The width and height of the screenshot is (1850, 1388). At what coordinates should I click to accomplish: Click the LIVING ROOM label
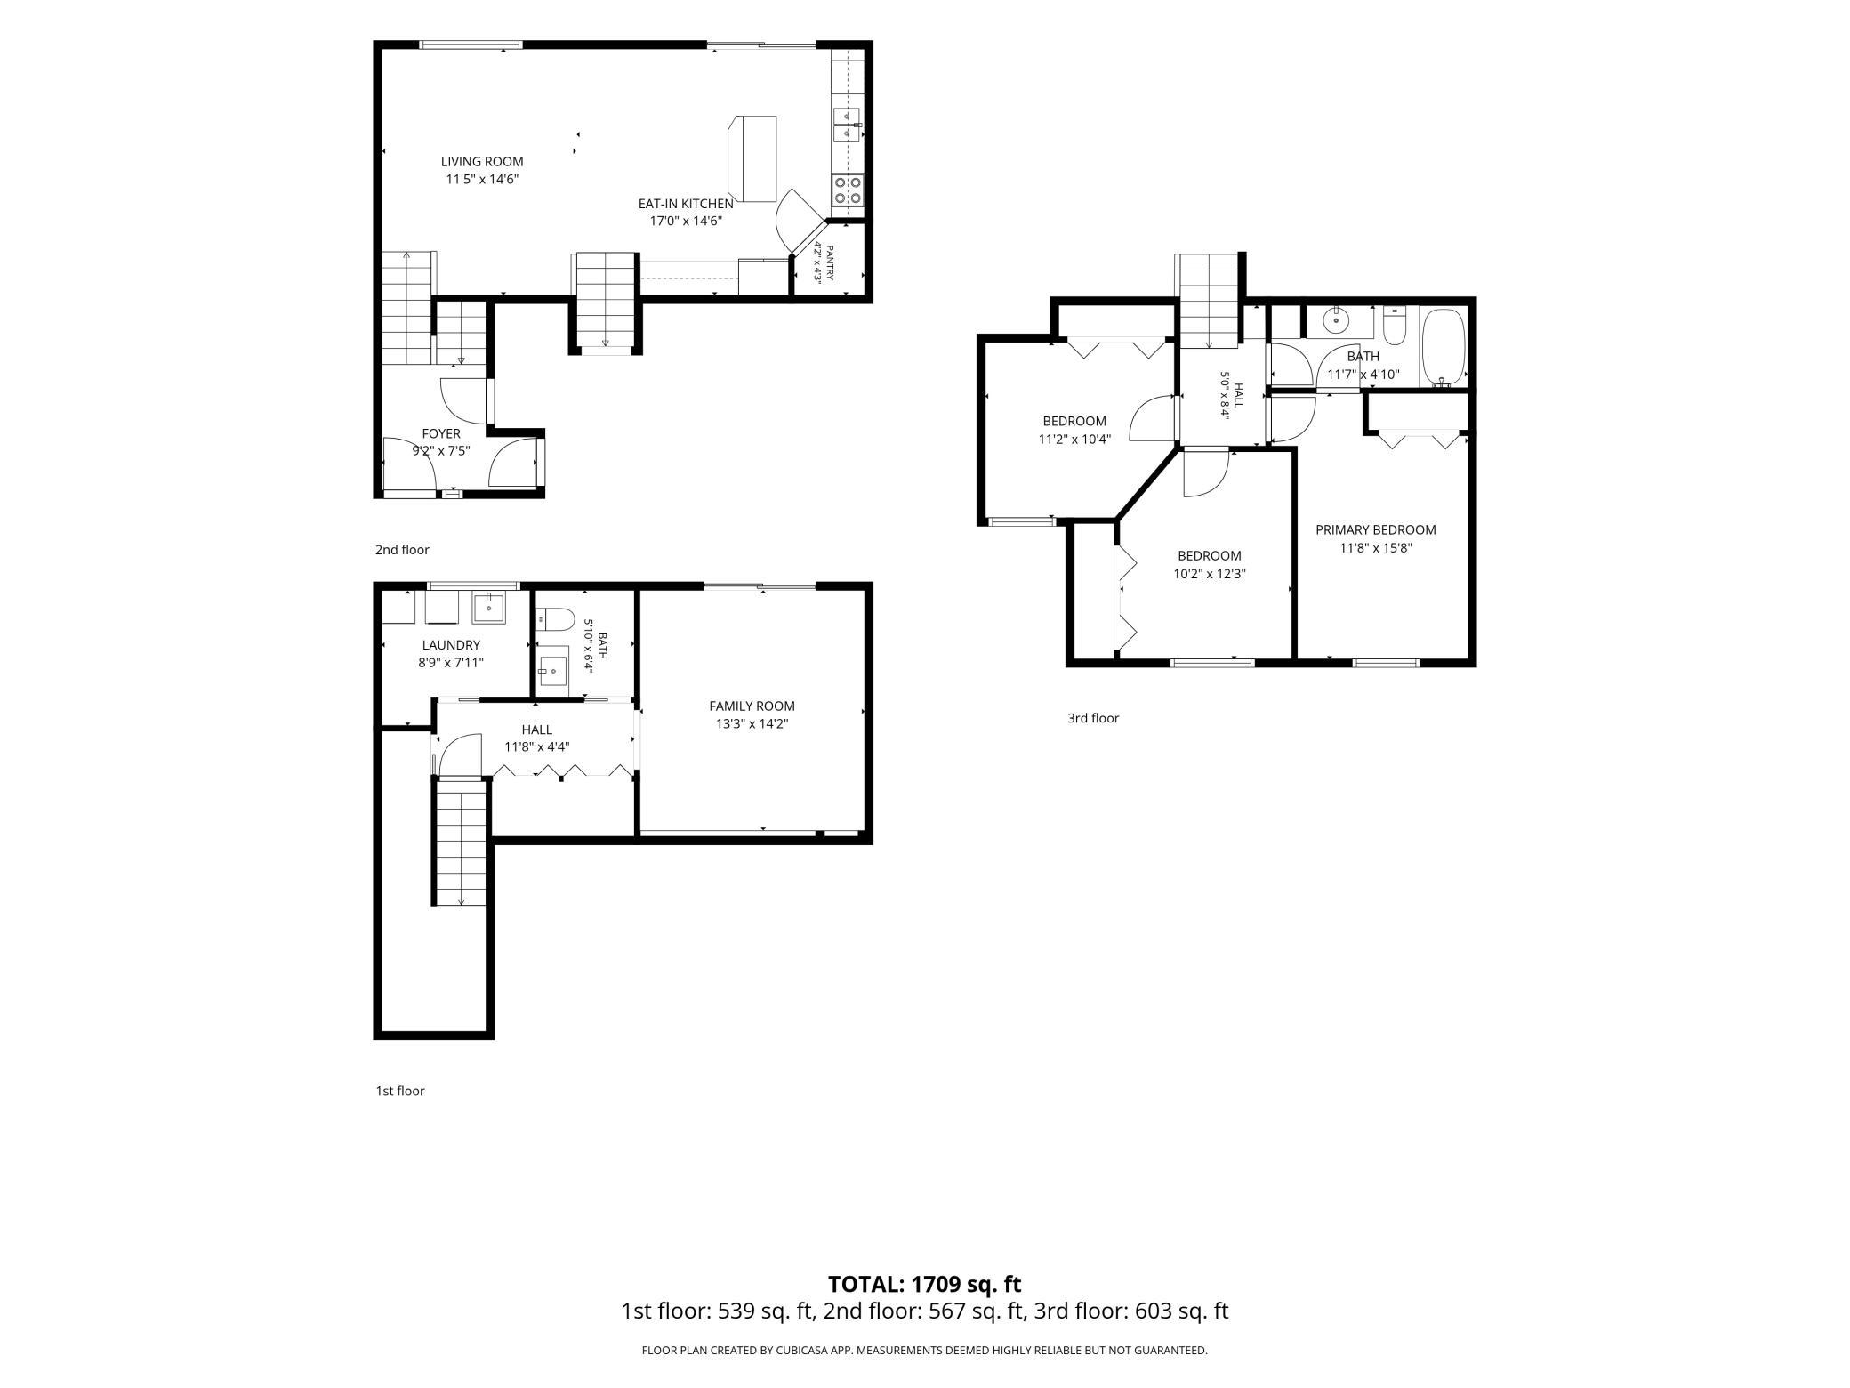click(482, 162)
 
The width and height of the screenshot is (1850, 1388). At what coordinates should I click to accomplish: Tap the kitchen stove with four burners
click(847, 190)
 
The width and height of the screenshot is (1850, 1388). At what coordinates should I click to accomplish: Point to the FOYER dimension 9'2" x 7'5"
click(441, 451)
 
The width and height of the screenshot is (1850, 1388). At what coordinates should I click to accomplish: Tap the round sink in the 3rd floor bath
click(1336, 320)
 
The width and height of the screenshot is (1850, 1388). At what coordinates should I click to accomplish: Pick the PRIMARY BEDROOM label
click(1376, 529)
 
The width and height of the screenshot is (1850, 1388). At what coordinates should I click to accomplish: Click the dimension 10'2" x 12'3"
click(1210, 574)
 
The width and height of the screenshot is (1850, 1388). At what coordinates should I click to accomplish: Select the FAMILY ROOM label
click(752, 706)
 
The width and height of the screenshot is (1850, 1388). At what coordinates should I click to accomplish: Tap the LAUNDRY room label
click(451, 645)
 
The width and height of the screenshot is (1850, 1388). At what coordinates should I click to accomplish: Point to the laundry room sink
click(488, 608)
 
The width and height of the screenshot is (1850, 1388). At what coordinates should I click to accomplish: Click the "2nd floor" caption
click(402, 550)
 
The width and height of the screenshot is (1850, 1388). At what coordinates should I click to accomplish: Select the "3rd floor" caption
click(1093, 718)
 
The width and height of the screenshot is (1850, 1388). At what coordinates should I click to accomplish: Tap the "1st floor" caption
click(400, 1091)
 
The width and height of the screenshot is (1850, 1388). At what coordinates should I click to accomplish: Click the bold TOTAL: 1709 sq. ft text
click(925, 1284)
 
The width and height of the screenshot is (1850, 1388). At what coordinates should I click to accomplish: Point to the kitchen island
click(752, 158)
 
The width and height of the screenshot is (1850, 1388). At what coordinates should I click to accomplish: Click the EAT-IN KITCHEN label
click(686, 204)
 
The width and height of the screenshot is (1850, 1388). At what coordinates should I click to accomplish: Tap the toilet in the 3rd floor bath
click(1395, 326)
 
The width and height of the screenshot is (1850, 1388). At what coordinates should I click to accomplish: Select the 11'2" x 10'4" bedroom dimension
click(1074, 439)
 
